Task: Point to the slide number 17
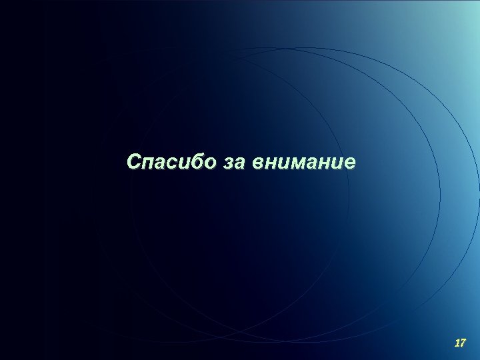(459, 343)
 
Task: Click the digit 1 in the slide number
(456, 343)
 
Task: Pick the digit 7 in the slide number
(463, 343)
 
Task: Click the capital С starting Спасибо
(133, 162)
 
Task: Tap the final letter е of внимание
(350, 163)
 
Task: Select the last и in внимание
(338, 163)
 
